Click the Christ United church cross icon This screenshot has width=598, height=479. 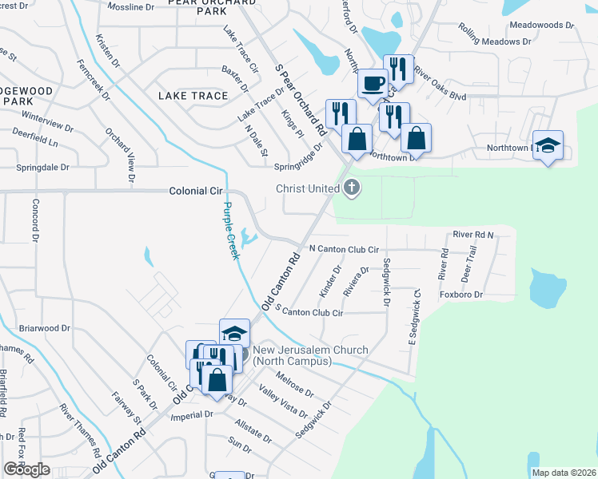(x=351, y=188)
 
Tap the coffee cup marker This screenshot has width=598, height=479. (x=373, y=83)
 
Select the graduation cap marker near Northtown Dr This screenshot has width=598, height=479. (x=548, y=145)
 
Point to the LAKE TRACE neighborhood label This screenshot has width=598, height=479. (x=193, y=96)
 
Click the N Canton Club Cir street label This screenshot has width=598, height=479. (x=343, y=249)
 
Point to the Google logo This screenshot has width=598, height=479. (x=27, y=469)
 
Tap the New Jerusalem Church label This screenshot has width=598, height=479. (x=310, y=356)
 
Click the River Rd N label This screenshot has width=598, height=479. (x=473, y=235)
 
